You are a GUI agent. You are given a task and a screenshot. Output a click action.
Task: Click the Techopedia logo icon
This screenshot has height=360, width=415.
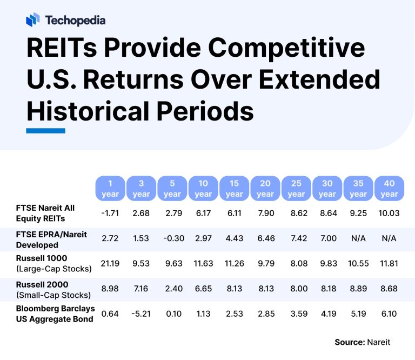point(33,21)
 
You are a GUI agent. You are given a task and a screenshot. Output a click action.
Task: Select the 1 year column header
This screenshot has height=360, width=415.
point(110,188)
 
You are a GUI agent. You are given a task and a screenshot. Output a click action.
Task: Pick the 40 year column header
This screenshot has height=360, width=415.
point(389,188)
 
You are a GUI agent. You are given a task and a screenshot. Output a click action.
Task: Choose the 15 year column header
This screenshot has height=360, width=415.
point(234,188)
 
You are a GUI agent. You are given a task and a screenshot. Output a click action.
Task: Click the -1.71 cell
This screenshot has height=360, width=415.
point(110,214)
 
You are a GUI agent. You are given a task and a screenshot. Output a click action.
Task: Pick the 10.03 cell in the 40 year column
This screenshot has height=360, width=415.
point(389,214)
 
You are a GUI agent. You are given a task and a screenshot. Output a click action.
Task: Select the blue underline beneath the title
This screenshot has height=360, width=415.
point(45,131)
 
